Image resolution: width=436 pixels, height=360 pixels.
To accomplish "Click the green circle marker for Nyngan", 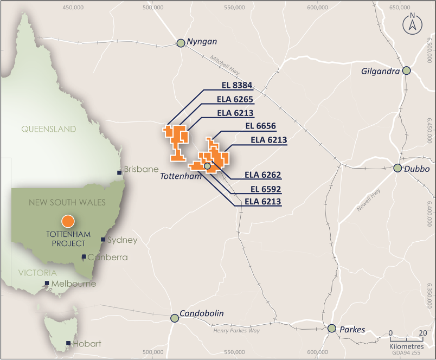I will tap(181, 43).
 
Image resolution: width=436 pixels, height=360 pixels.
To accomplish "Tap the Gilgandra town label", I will tap(380, 71).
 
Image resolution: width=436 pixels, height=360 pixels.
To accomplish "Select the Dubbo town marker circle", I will tap(397, 168).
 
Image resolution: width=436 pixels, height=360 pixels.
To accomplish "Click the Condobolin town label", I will tap(202, 313).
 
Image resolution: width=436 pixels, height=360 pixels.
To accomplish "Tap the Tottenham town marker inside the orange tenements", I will tap(207, 166).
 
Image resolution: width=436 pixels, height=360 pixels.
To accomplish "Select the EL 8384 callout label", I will tap(237, 85).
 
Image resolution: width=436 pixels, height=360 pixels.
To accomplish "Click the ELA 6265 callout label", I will tap(235, 99).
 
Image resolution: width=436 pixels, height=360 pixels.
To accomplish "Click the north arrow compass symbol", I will tap(412, 24).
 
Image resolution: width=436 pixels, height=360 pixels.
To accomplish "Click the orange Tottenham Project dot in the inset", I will tap(68, 221).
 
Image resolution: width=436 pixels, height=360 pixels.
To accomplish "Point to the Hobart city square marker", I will tap(68, 343).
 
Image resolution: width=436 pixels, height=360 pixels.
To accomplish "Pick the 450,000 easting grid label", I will tap(74, 8).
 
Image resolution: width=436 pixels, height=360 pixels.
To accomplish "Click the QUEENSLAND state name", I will tap(49, 129).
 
